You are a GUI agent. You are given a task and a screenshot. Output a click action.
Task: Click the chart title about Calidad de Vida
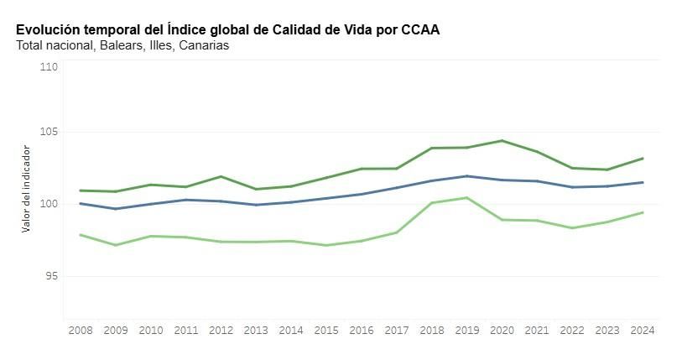click(227, 29)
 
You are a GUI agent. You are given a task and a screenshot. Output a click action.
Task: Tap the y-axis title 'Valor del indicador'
click(26, 188)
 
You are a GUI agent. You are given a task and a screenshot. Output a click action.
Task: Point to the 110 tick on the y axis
click(49, 66)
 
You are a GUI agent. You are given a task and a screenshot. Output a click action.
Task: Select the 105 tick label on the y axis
click(49, 132)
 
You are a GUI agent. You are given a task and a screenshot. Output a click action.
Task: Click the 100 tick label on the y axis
click(49, 204)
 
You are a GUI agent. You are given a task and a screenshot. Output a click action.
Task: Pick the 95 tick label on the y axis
click(51, 275)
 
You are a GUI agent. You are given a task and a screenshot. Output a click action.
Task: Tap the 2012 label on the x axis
click(220, 331)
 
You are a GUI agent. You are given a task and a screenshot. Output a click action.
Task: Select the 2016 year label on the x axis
click(361, 331)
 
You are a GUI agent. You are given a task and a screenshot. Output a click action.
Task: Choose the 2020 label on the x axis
click(502, 331)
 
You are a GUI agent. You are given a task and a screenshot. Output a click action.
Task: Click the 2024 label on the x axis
click(643, 331)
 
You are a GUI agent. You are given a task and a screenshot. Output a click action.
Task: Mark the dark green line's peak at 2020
click(502, 140)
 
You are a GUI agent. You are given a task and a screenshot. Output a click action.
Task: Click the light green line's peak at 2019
click(466, 197)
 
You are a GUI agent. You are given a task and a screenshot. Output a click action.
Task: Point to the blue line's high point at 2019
click(466, 176)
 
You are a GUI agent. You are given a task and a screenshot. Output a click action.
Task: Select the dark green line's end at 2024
click(643, 158)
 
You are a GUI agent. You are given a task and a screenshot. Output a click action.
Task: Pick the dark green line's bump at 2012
click(220, 176)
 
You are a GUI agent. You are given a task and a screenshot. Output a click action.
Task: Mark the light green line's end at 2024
click(643, 212)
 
